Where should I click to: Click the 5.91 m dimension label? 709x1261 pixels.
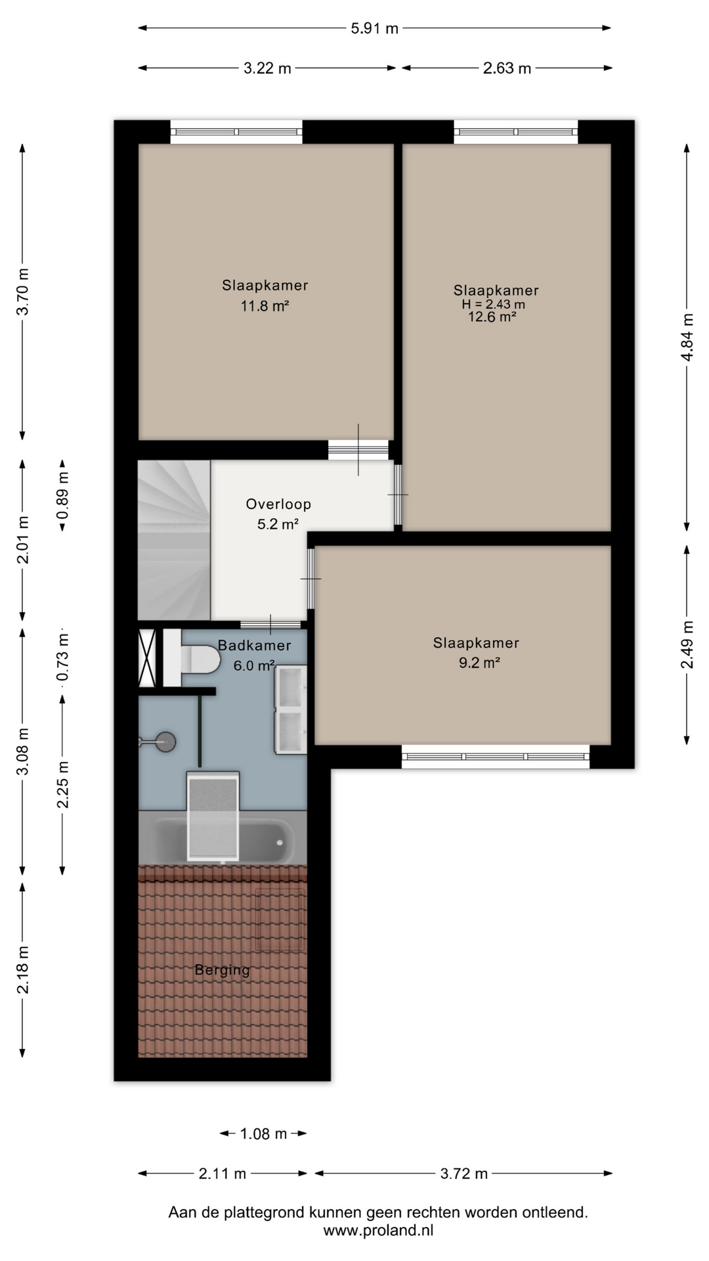tap(374, 28)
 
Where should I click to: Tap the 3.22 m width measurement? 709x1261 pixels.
tap(267, 68)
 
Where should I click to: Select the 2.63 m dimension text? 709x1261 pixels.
tap(507, 68)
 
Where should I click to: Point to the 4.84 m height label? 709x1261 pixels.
tap(687, 337)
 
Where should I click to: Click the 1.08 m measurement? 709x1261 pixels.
tap(263, 1134)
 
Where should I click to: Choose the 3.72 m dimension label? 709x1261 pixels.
tap(464, 1174)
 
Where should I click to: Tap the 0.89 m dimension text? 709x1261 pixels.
tap(62, 495)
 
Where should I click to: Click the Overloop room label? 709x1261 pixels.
tap(278, 504)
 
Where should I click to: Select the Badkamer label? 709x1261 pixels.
tap(254, 646)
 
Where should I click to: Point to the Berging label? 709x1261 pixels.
tap(223, 970)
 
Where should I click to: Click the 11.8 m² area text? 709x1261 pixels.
tap(265, 305)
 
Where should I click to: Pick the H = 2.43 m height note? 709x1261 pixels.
tap(493, 304)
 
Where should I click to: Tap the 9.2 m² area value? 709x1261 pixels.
tap(479, 663)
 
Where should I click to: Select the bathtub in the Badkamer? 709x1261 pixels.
tap(223, 838)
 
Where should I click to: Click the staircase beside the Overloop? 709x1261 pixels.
tap(174, 540)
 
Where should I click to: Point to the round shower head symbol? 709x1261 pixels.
tap(165, 742)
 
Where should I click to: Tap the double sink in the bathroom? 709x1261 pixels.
tap(291, 709)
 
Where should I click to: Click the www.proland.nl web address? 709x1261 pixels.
tap(378, 1230)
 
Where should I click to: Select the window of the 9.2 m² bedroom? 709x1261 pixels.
tap(496, 757)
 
